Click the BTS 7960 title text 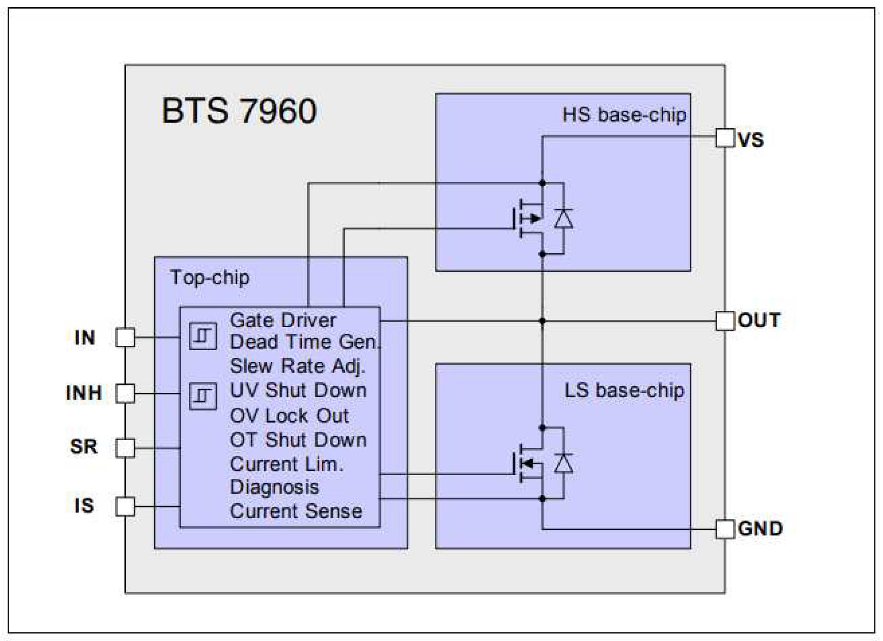pos(239,111)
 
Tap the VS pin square pos(725,138)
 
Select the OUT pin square pos(725,321)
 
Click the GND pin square pos(725,529)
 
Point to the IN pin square pos(125,338)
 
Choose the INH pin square pos(125,393)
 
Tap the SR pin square pos(125,448)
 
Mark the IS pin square pos(125,506)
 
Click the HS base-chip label pos(624,115)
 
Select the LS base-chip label pos(624,391)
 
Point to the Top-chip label pos(210,278)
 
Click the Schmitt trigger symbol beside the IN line pos(203,336)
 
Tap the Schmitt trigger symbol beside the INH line pos(203,396)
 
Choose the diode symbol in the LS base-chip pos(564,463)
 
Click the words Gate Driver pos(283,320)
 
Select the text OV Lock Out pos(289,415)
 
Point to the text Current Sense pos(296,511)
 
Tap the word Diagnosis pos(274,487)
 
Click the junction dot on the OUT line pos(542,321)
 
